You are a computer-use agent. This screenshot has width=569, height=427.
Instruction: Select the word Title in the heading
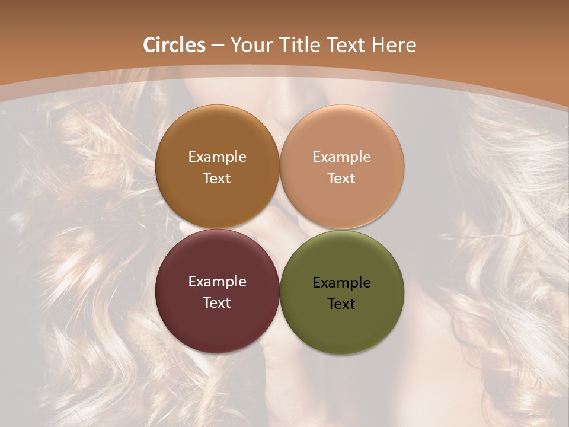301,45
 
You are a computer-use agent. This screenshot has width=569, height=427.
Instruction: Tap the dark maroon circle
217,323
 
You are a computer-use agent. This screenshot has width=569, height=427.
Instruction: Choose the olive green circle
342,323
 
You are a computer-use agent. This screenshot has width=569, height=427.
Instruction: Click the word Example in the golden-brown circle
217,157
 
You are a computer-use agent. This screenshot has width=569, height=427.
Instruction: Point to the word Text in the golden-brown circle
217,179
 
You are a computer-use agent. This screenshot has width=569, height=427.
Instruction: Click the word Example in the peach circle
342,157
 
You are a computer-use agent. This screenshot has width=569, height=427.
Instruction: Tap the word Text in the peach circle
342,179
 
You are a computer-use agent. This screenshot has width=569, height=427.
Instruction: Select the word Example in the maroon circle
217,282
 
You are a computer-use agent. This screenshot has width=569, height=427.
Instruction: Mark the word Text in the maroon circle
217,303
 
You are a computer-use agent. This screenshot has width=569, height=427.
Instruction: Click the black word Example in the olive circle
342,283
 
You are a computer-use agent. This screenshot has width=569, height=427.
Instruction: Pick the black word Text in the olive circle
342,304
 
